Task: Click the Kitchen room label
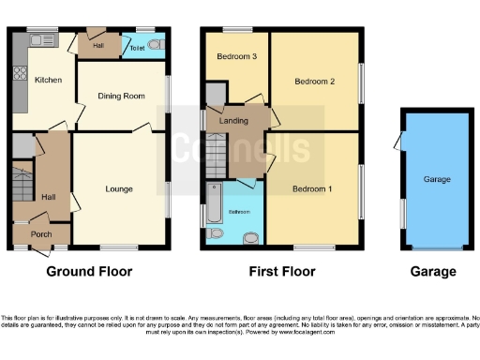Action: [x=48, y=81]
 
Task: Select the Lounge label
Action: [x=119, y=189]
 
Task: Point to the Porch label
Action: [x=40, y=234]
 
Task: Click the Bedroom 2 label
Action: [x=314, y=82]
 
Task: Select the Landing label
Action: [x=233, y=121]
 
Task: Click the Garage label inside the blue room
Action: [x=437, y=180]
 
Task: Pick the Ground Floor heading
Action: [x=89, y=272]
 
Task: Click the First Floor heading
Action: [x=282, y=272]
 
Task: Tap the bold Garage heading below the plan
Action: [x=434, y=272]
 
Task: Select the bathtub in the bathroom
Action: [x=215, y=200]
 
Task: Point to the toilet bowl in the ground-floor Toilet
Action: [x=156, y=44]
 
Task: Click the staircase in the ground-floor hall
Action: [x=22, y=182]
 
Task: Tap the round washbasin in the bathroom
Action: [x=250, y=236]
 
